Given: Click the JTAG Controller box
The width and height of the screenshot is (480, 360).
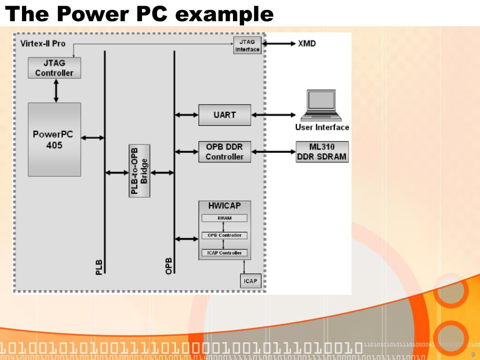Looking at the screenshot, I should (x=54, y=68).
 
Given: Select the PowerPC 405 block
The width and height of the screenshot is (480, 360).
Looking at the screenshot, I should (x=54, y=140).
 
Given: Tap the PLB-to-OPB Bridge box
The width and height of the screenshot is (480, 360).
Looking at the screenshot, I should (x=140, y=171).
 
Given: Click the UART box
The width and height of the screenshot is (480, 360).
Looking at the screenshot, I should (x=225, y=115).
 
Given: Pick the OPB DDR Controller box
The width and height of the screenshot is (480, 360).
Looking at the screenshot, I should (x=225, y=151).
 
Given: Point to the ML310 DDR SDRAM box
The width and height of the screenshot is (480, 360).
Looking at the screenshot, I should (x=322, y=151).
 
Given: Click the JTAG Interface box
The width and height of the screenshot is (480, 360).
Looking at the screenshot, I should (x=247, y=45).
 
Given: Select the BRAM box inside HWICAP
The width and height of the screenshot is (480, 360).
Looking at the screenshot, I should (x=225, y=218).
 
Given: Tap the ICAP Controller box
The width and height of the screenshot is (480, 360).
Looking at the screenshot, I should (x=225, y=253).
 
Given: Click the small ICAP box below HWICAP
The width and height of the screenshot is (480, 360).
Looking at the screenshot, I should (x=249, y=282).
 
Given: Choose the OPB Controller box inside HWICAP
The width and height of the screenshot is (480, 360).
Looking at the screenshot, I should (x=225, y=235).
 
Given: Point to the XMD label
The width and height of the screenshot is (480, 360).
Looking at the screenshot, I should (x=307, y=44).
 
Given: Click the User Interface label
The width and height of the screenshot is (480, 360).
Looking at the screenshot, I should (x=322, y=127).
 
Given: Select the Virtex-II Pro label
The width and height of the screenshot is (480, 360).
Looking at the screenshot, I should (x=43, y=43).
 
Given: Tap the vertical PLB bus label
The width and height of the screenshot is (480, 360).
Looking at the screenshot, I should (x=98, y=266).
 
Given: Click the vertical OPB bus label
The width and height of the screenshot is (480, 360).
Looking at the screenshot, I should (x=169, y=266).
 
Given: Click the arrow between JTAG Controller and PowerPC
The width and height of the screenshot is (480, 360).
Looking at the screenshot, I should (x=56, y=90).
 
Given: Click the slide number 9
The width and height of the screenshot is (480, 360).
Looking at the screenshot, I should (x=472, y=354).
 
